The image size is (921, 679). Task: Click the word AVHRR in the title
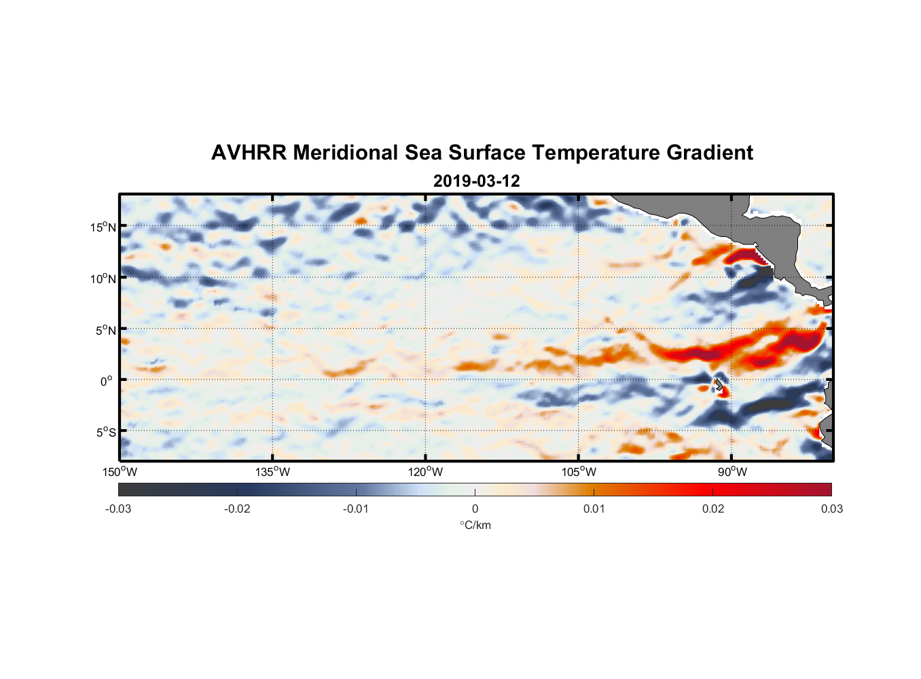(248, 153)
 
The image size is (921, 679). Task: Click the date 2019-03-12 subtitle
(476, 181)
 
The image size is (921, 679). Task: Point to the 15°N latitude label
(103, 227)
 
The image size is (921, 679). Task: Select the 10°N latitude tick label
(103, 278)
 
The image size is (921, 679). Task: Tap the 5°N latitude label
(105, 330)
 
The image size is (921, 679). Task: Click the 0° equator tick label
(107, 381)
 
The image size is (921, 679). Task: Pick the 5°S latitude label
(105, 433)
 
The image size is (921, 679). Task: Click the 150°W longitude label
(120, 472)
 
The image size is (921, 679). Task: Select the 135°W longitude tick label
(272, 472)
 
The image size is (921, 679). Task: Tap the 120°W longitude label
(425, 472)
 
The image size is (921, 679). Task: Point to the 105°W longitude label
(579, 472)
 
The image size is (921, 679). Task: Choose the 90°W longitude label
(732, 472)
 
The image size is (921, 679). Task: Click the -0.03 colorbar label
(118, 509)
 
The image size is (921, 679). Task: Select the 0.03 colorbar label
(831, 509)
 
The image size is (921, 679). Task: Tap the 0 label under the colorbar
(475, 509)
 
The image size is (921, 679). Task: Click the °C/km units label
(475, 525)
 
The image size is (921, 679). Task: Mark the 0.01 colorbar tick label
(594, 509)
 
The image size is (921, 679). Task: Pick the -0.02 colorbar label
(237, 509)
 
